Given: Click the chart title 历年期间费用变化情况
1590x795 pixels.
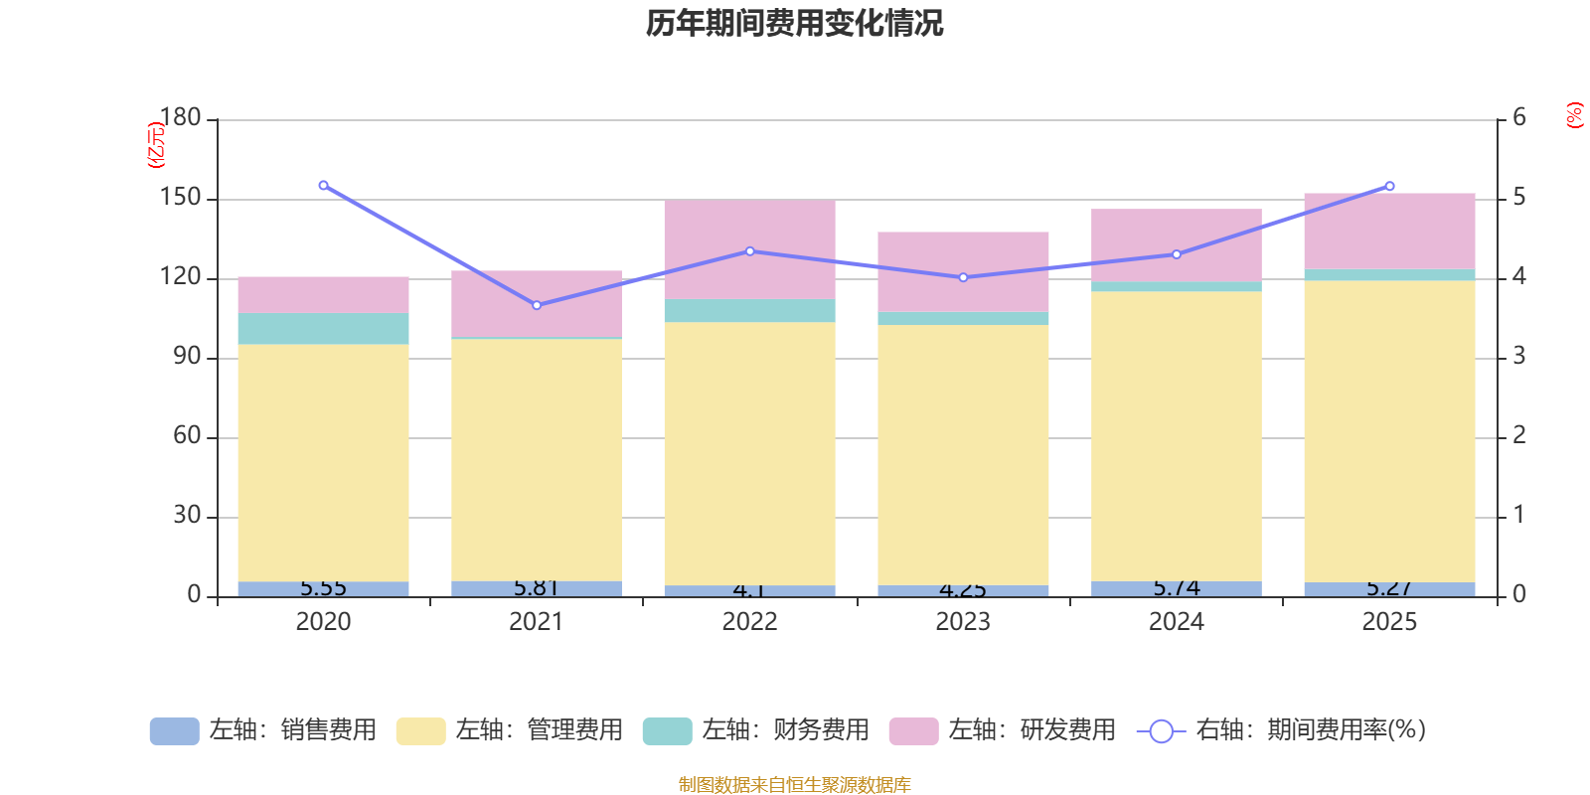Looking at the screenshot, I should click(x=794, y=24).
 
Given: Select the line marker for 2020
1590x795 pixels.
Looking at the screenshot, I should click(x=323, y=186).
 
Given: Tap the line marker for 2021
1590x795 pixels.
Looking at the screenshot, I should click(x=537, y=305).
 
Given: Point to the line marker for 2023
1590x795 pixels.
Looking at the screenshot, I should click(x=963, y=277).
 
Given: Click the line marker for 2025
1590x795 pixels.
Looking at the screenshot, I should click(x=1389, y=186).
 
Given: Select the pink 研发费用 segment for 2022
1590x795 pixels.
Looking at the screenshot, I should click(x=749, y=248).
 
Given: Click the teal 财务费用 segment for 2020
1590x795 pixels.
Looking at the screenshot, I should click(x=323, y=329).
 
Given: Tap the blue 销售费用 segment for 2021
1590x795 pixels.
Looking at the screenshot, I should click(x=537, y=588).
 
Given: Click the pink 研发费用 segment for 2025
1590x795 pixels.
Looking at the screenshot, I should click(x=1389, y=231).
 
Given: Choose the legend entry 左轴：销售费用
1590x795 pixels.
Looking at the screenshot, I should click(x=263, y=730).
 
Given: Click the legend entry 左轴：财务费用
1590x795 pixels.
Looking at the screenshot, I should click(x=756, y=730).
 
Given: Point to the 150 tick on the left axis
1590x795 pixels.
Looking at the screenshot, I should click(x=181, y=198).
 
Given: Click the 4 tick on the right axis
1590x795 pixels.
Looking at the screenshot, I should click(x=1518, y=276).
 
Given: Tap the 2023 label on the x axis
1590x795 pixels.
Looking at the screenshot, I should click(x=963, y=622).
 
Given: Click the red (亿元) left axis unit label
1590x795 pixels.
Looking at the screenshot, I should click(x=155, y=145).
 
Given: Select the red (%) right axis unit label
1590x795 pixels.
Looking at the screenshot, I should click(x=1574, y=115).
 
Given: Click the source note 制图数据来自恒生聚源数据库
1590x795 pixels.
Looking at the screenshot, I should click(x=794, y=785).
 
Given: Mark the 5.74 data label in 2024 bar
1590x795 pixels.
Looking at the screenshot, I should click(x=1177, y=588).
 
